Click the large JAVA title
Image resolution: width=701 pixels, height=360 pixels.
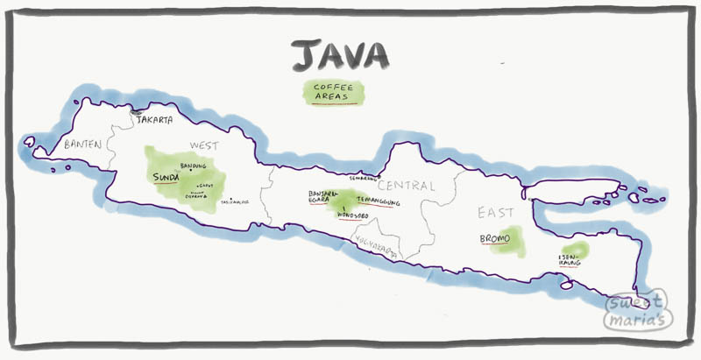coord(340,55)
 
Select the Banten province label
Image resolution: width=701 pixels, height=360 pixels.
coord(83,145)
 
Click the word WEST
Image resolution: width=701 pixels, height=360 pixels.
coord(202,145)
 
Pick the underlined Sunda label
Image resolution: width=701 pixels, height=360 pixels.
coord(166,177)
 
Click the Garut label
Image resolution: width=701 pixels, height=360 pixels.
coord(206,186)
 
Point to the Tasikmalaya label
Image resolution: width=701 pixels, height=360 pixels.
coord(236,201)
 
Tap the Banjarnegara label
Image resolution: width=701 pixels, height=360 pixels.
coord(318,196)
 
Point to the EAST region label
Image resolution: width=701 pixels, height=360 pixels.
coord(495,213)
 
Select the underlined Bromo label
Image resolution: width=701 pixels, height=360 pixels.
coord(495,237)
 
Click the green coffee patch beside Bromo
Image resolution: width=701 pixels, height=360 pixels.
coord(513,241)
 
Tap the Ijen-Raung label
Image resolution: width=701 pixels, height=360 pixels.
coord(570,259)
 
